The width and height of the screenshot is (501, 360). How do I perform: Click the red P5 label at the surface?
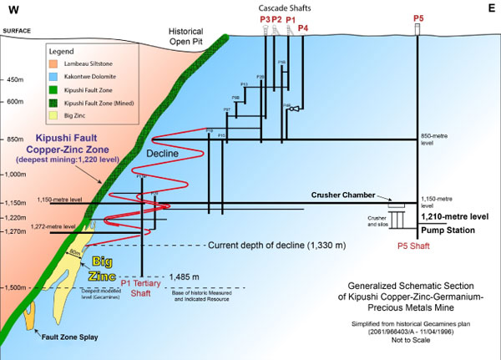[417, 18]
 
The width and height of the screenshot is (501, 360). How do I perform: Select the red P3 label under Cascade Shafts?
[265, 18]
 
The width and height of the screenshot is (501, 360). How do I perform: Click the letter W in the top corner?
[13, 11]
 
